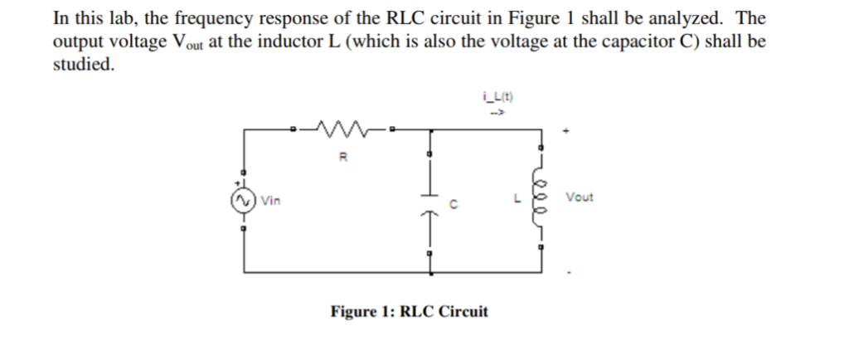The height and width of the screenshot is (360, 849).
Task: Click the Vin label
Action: click(270, 200)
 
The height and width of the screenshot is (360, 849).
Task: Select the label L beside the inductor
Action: click(518, 199)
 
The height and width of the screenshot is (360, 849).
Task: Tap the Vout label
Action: click(580, 197)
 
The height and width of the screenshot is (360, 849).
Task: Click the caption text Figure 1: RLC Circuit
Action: click(409, 312)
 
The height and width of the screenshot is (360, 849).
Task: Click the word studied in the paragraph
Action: click(82, 65)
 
